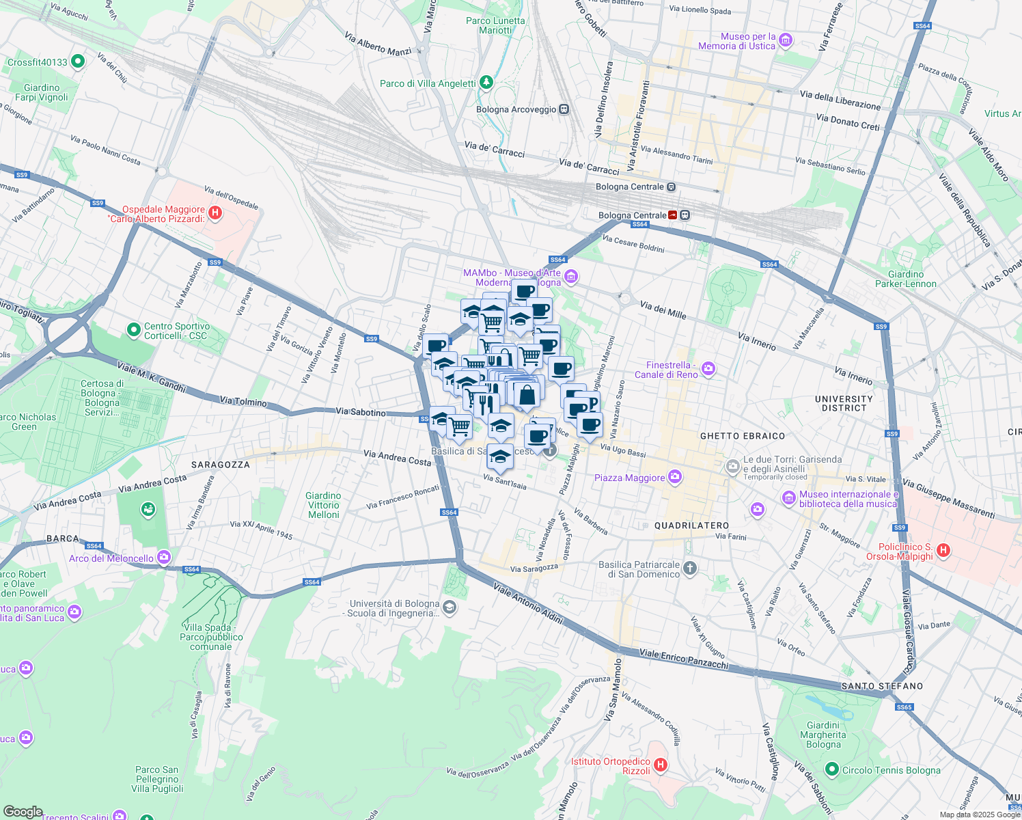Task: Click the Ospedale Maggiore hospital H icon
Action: pos(215,213)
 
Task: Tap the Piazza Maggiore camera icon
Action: pos(675,477)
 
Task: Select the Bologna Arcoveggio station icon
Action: pos(564,109)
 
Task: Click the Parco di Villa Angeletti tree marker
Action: pos(486,83)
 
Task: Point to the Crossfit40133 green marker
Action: pos(77,61)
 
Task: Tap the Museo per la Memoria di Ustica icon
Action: pos(786,41)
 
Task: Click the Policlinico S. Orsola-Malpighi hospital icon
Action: pos(943,550)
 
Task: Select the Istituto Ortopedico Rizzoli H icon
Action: pos(660,765)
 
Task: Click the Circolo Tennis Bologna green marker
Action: pos(831,770)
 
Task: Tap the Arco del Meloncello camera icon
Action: pos(164,558)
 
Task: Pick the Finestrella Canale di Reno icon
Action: pos(708,369)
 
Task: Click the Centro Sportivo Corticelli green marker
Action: pos(134,331)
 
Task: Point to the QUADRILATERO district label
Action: pos(691,525)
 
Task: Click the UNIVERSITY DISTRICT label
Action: pos(844,403)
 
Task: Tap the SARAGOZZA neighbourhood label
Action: pos(220,465)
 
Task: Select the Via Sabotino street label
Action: pos(360,412)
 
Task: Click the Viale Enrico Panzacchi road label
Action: pos(684,659)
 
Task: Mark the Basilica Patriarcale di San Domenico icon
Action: pos(690,569)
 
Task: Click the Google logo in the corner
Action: pos(23,811)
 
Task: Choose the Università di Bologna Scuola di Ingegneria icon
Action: pos(449,607)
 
